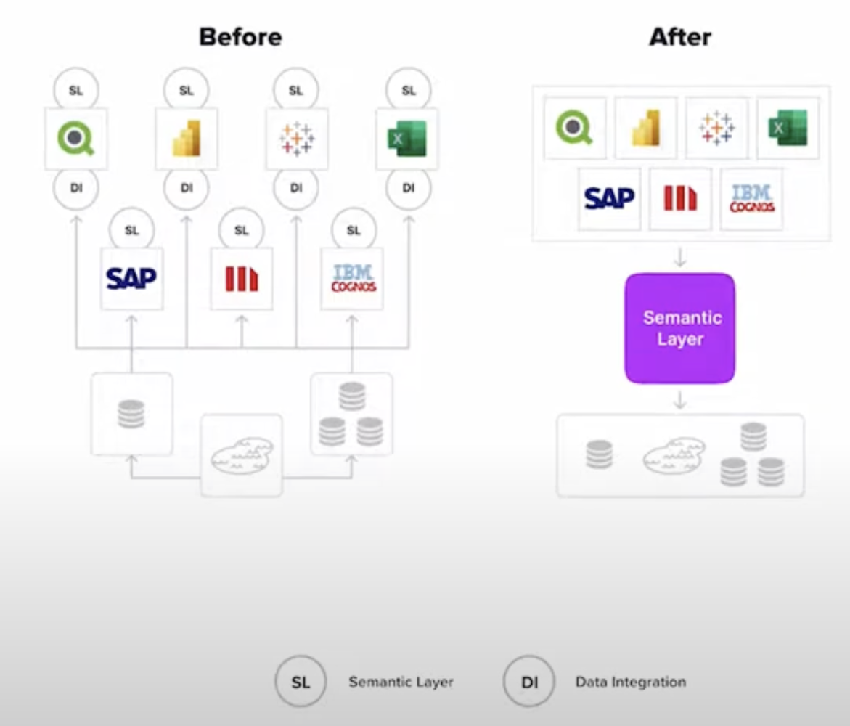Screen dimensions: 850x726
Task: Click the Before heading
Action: click(241, 37)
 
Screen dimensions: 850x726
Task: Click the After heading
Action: click(680, 37)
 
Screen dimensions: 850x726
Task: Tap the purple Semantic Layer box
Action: click(680, 328)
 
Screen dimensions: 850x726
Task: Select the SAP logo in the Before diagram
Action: click(131, 279)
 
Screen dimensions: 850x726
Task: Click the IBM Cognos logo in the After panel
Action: click(751, 198)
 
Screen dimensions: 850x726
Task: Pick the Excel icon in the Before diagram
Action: click(407, 138)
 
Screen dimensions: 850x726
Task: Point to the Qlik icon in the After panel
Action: click(574, 128)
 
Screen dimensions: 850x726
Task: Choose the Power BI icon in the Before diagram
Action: click(187, 138)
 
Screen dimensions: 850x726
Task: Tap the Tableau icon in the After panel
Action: click(716, 128)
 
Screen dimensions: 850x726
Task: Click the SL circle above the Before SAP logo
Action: click(131, 230)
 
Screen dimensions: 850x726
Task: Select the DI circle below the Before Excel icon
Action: click(408, 187)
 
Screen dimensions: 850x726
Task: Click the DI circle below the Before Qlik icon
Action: click(76, 187)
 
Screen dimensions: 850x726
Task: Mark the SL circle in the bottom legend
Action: click(301, 682)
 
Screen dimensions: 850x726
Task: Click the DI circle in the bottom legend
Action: click(528, 682)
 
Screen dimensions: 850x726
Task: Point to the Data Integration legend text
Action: click(631, 682)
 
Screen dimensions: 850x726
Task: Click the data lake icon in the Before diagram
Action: click(242, 455)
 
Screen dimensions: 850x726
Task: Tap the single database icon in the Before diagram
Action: click(131, 414)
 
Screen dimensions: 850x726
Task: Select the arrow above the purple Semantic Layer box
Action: click(680, 258)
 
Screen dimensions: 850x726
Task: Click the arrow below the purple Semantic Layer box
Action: click(680, 400)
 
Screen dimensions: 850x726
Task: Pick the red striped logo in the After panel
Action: click(680, 198)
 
